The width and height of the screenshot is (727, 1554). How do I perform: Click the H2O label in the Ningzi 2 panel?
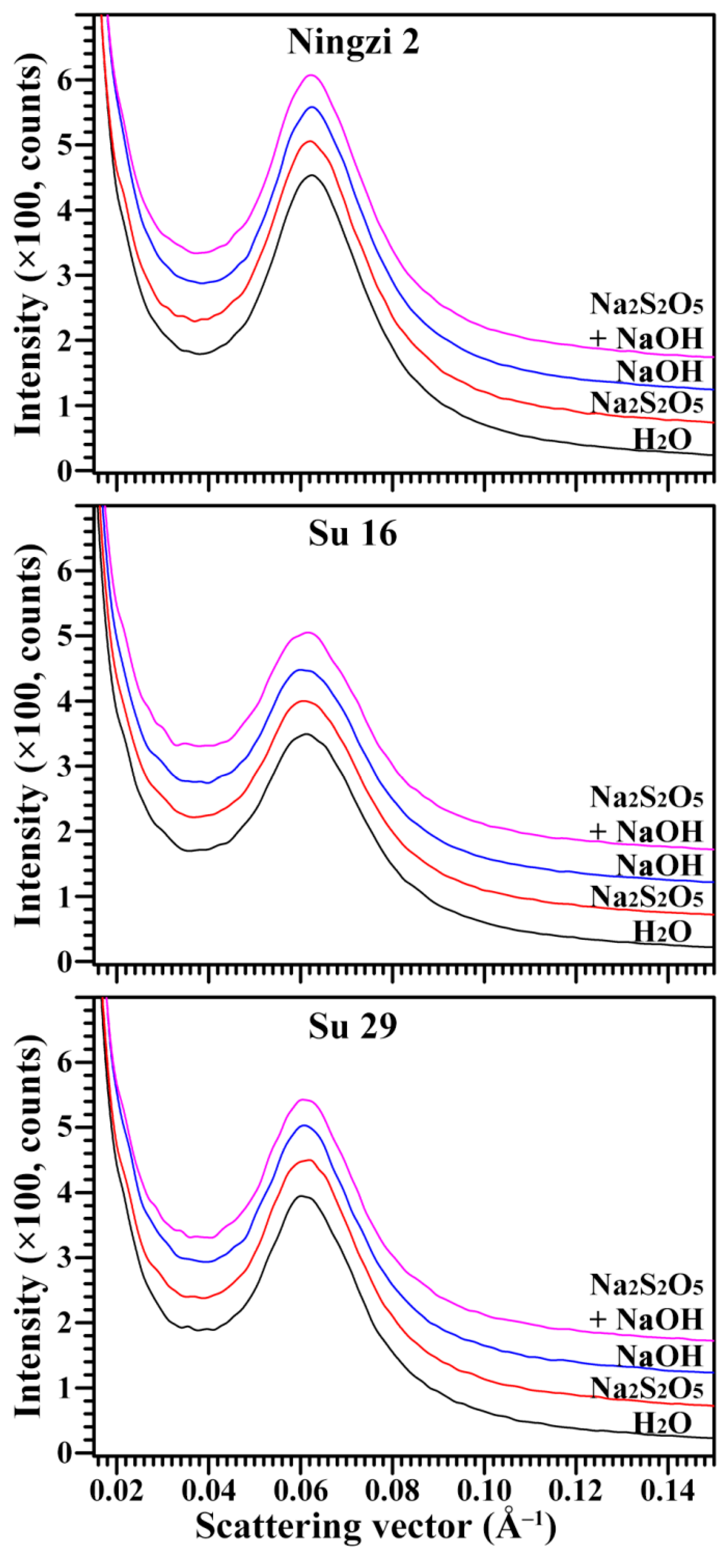coord(662,440)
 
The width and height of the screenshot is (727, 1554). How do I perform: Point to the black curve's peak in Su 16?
coord(306,734)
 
